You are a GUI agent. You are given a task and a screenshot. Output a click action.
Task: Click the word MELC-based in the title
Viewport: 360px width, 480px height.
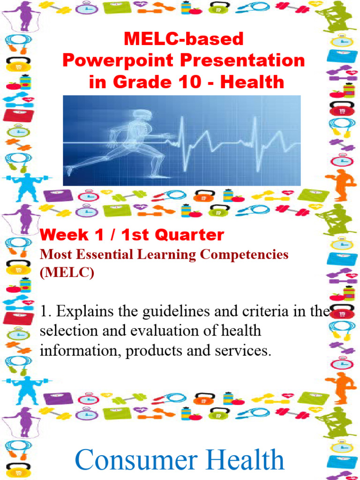184,39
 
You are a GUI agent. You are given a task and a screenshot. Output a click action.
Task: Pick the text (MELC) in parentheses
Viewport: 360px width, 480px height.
67,273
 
